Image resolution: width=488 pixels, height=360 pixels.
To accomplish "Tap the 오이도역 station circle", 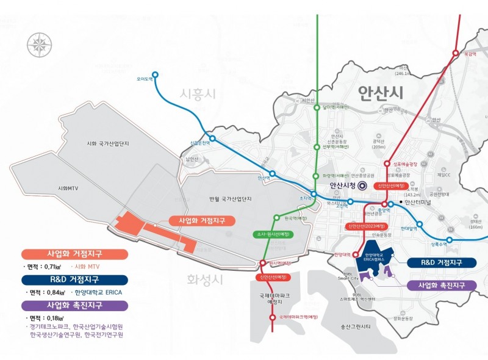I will click(155, 75).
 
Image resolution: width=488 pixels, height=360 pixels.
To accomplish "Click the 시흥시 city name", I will click(198, 94).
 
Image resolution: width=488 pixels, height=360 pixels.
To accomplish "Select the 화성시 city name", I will click(203, 280).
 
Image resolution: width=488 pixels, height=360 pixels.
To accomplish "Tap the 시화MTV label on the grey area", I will click(69, 188).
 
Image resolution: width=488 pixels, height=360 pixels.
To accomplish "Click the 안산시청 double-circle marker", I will click(361, 185).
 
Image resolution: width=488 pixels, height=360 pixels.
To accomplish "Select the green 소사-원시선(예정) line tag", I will click(273, 234).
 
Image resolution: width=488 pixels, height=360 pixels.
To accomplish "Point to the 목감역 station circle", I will click(455, 54).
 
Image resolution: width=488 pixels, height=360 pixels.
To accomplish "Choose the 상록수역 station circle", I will click(450, 240).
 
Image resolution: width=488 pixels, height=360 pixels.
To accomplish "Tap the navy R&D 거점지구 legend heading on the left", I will click(74, 279).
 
